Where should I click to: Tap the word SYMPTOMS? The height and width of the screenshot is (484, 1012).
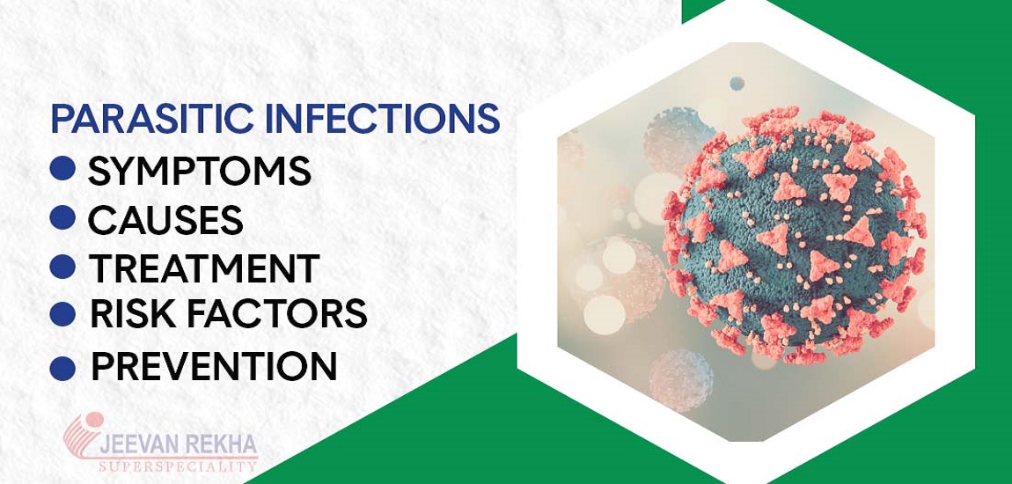click(200, 171)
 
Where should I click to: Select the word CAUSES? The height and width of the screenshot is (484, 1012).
click(165, 220)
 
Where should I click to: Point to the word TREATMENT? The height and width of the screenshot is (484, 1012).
click(203, 268)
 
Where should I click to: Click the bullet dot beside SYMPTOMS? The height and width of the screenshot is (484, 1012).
click(63, 170)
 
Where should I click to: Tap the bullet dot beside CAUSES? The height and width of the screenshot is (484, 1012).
click(63, 218)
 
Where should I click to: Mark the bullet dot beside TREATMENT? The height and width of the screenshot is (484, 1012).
click(63, 266)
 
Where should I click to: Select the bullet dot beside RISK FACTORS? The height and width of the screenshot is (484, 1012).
click(63, 312)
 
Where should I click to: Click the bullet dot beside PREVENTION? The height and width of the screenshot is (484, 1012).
click(63, 366)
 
